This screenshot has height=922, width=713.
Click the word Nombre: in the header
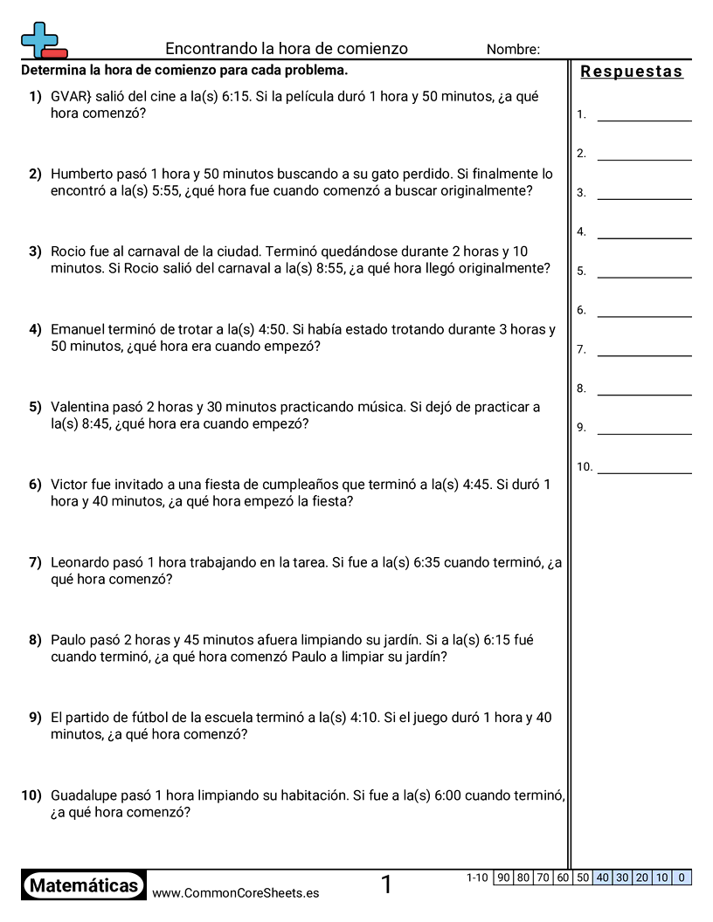point(513,50)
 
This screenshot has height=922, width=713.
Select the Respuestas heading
point(632,72)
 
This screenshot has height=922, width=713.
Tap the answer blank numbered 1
point(644,114)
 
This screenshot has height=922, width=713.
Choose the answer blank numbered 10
point(644,467)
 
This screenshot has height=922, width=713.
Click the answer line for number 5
point(644,271)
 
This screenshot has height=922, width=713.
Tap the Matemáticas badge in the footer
point(84,886)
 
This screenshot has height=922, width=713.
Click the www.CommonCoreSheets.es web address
point(235,893)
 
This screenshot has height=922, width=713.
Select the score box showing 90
point(502,877)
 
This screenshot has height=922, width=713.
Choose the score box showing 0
point(682,877)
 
